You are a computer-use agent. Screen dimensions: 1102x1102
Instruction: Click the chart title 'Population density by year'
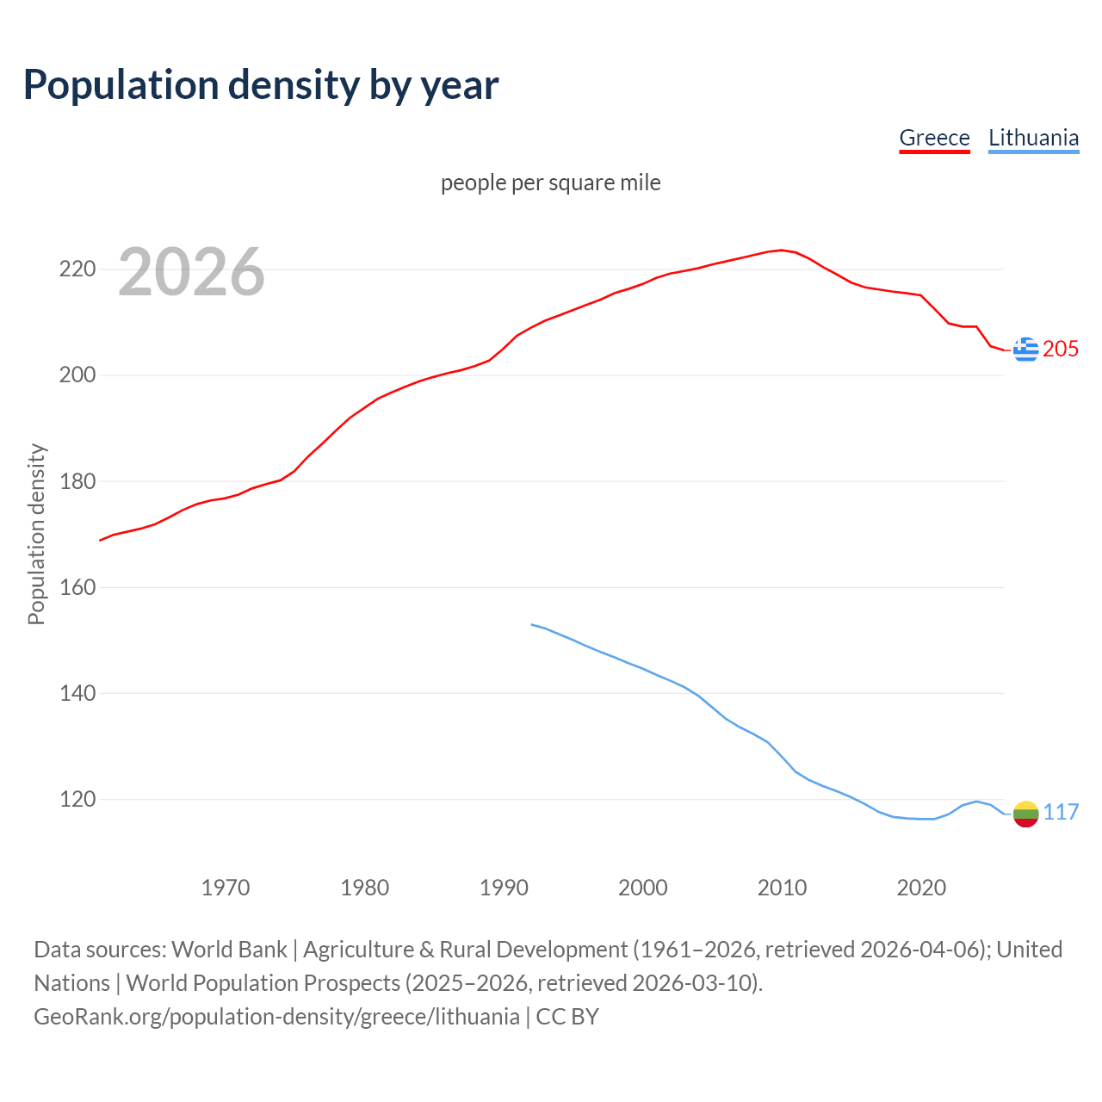pos(261,84)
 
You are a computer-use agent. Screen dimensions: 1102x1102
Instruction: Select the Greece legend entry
pos(934,138)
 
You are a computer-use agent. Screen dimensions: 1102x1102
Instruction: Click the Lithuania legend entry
pos(1033,138)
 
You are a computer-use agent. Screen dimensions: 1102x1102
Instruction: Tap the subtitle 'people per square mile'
pos(550,183)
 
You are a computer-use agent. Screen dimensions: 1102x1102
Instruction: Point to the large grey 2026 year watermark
pos(191,272)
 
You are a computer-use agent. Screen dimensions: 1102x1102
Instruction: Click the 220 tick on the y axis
pos(77,269)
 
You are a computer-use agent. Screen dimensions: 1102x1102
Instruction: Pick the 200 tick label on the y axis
pos(77,375)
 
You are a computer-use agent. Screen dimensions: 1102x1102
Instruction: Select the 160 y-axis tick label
pos(77,587)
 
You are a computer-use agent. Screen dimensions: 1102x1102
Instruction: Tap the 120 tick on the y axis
pos(77,799)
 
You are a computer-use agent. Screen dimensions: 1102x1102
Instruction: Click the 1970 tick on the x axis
pos(226,888)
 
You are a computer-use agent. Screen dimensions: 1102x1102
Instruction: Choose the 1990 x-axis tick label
pos(504,888)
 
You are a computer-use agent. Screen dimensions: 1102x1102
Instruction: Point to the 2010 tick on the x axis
pos(782,888)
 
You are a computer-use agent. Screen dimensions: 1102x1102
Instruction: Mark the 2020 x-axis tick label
pos(921,888)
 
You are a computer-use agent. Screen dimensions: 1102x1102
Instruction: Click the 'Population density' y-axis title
pos(36,534)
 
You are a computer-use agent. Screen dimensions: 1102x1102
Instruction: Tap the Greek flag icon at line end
pos(1025,350)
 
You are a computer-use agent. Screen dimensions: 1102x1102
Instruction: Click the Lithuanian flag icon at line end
pos(1025,814)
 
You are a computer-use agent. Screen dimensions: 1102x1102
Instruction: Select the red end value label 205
pos(1061,349)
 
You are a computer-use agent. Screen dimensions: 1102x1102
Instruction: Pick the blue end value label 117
pos(1061,812)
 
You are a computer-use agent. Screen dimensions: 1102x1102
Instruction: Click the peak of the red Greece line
pos(781,251)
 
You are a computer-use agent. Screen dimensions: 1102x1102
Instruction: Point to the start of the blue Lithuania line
pos(532,624)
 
